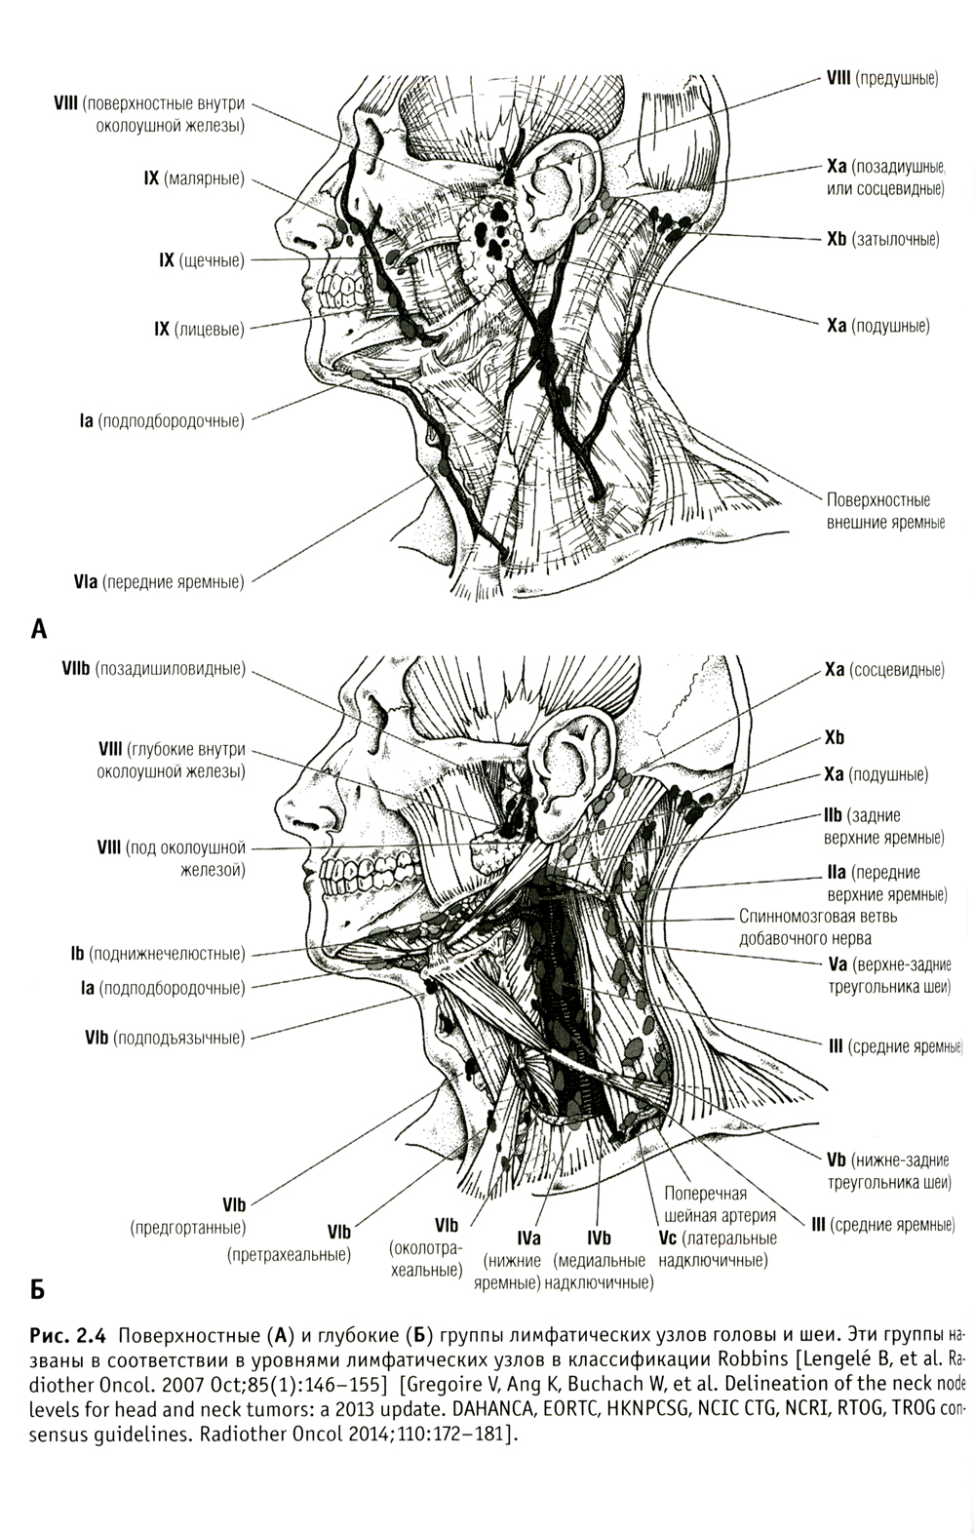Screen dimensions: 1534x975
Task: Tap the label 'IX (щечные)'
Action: click(x=202, y=260)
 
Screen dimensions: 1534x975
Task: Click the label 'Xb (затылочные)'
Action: click(x=882, y=239)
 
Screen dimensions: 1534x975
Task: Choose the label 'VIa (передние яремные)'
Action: click(x=158, y=582)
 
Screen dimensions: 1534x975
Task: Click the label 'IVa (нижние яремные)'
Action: click(x=507, y=1260)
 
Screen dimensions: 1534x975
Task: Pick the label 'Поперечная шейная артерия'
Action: click(x=720, y=1204)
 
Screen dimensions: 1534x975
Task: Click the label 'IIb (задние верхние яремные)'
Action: click(x=884, y=826)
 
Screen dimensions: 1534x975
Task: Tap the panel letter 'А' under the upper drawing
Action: click(x=39, y=628)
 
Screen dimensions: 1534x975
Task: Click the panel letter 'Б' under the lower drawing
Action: click(x=38, y=1290)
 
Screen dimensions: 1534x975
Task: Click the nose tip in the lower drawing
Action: click(x=282, y=811)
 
